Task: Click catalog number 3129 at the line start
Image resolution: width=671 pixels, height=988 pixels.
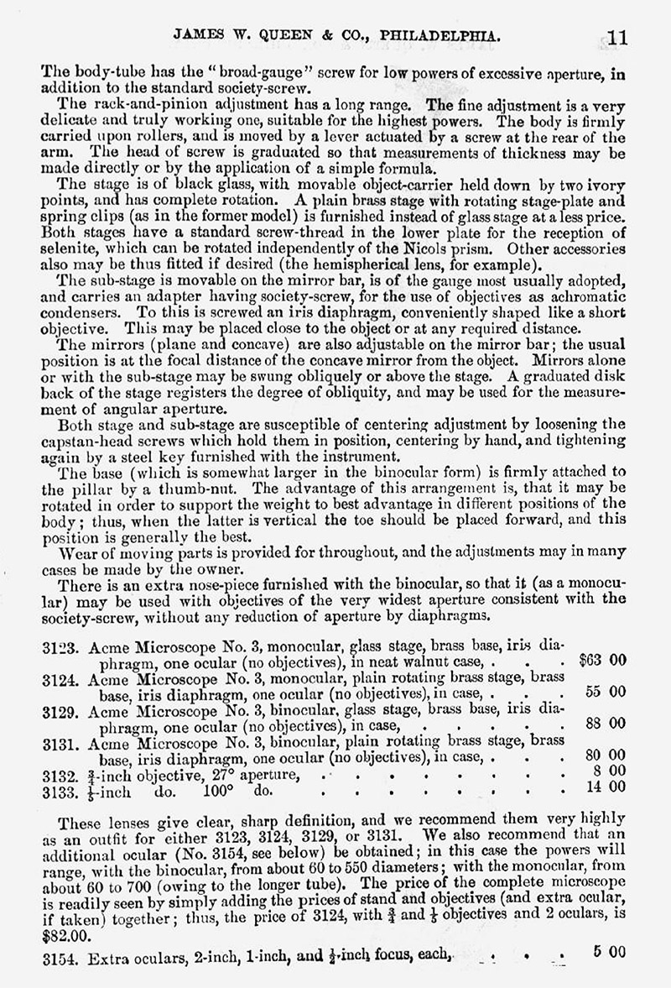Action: pyautogui.click(x=58, y=708)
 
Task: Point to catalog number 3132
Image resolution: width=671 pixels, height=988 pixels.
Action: pyautogui.click(x=58, y=771)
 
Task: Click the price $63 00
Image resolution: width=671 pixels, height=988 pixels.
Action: pyautogui.click(x=603, y=660)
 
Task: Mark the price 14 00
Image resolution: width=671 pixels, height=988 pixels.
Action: pyautogui.click(x=606, y=787)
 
